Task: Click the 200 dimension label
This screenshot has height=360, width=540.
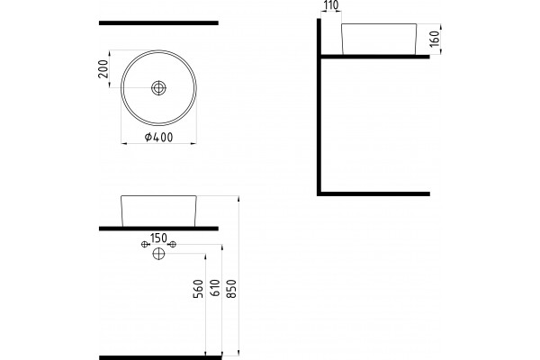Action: [103, 69]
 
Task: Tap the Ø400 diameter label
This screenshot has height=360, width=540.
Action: [158, 137]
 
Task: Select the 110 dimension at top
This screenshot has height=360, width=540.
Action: [331, 5]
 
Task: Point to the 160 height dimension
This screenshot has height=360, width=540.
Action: [435, 39]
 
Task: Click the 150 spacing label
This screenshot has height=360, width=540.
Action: [158, 238]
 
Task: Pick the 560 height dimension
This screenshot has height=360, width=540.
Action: [198, 289]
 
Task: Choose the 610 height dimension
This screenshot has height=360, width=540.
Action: [214, 288]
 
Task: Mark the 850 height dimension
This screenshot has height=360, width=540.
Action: [232, 289]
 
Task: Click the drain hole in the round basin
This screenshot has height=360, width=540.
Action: [158, 88]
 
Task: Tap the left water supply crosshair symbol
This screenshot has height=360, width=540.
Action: [145, 244]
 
